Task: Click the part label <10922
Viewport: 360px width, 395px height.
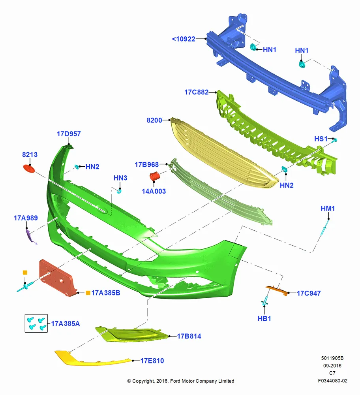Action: tap(184, 39)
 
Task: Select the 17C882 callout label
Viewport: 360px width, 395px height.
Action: tap(196, 92)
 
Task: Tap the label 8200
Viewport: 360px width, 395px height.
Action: tap(154, 120)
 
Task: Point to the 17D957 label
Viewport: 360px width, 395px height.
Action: tap(69, 134)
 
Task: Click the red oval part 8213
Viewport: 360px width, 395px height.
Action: tap(29, 169)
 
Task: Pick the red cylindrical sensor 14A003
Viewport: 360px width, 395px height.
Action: tap(155, 176)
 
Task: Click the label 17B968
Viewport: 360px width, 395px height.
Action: tap(146, 164)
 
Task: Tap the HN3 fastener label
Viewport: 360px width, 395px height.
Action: tap(120, 178)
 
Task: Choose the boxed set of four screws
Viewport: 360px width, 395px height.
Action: tap(36, 323)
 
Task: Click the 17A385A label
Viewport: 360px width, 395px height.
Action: tap(66, 324)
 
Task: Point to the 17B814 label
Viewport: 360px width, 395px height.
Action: tap(189, 336)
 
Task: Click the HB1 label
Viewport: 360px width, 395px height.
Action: tap(264, 318)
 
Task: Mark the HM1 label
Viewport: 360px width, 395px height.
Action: tap(328, 209)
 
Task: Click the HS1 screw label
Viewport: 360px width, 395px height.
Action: tap(321, 139)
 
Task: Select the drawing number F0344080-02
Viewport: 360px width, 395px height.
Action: tap(332, 381)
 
